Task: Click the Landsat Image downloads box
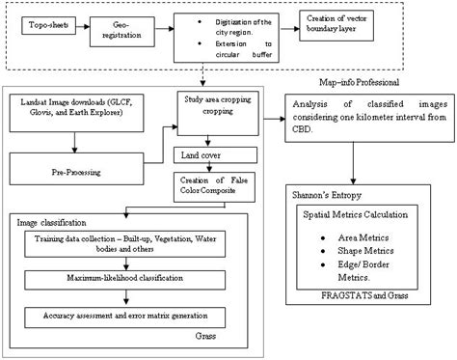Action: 75,108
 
